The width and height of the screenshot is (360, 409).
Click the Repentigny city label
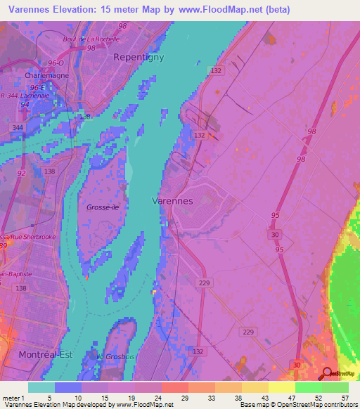click(x=139, y=58)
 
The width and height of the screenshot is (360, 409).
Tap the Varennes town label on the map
click(x=172, y=201)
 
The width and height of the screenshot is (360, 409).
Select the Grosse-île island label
click(x=102, y=207)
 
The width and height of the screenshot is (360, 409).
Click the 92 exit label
click(x=22, y=172)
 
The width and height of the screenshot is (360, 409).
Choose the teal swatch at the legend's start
click(x=41, y=387)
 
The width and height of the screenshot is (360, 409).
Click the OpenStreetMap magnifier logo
click(x=328, y=373)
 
